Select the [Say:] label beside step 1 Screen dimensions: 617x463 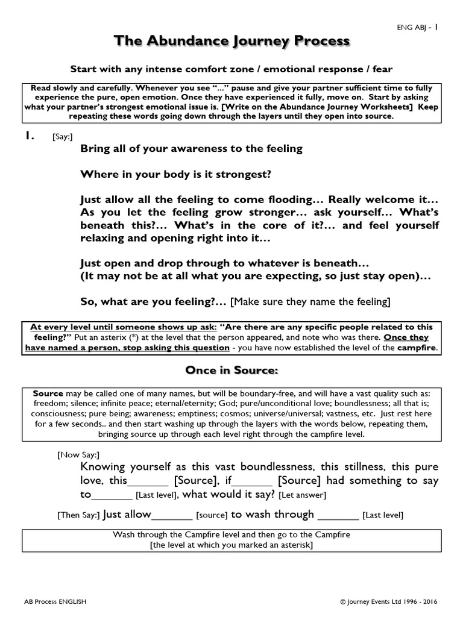click(63, 137)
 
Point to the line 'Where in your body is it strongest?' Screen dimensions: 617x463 click(176, 174)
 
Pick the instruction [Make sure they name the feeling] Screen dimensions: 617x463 click(311, 301)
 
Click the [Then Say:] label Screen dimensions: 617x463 click(78, 516)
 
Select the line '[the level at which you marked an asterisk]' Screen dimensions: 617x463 click(231, 545)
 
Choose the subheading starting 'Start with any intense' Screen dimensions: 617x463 click(231, 69)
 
